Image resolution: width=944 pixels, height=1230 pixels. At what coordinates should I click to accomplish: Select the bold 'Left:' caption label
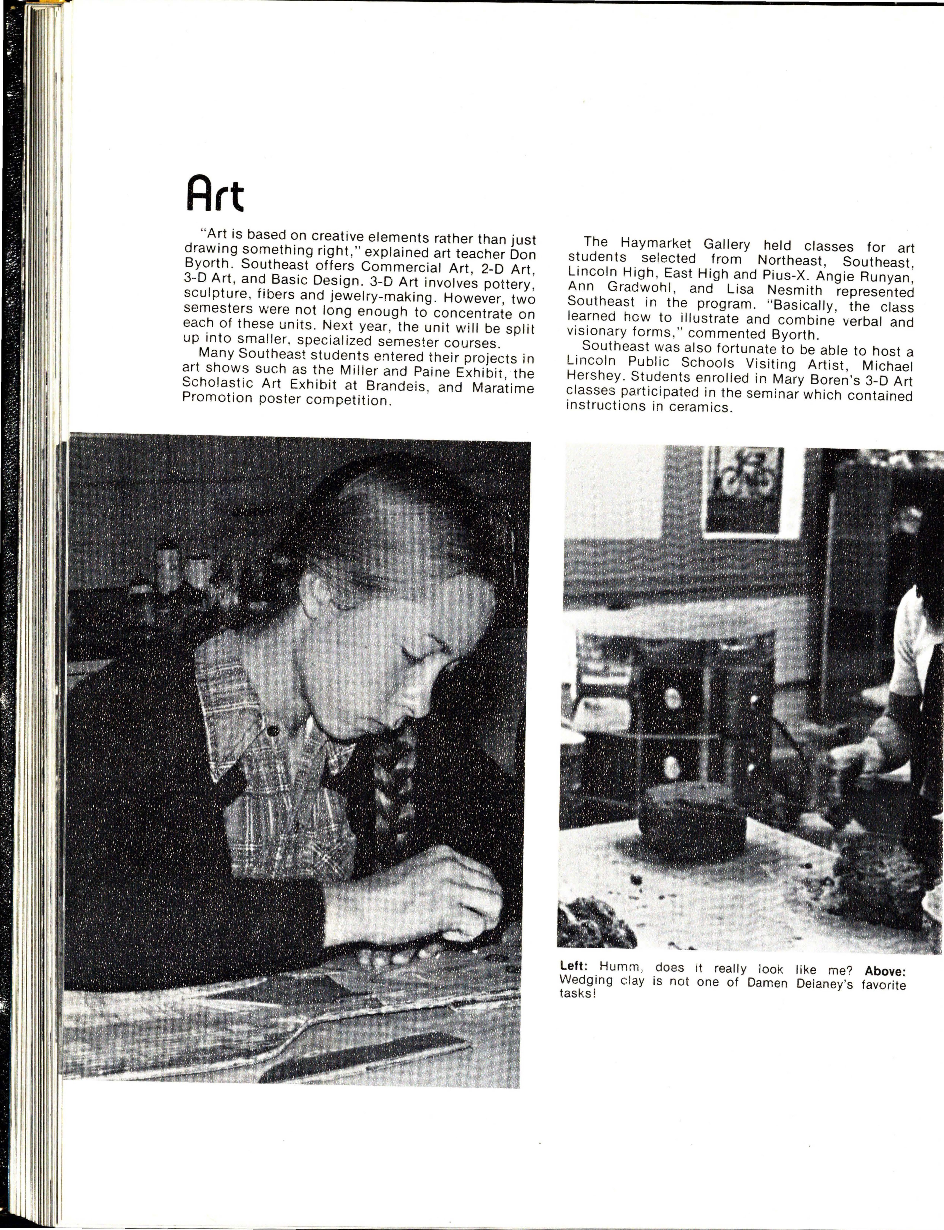tap(574, 967)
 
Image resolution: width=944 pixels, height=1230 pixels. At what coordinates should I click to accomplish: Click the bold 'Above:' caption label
tap(885, 971)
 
